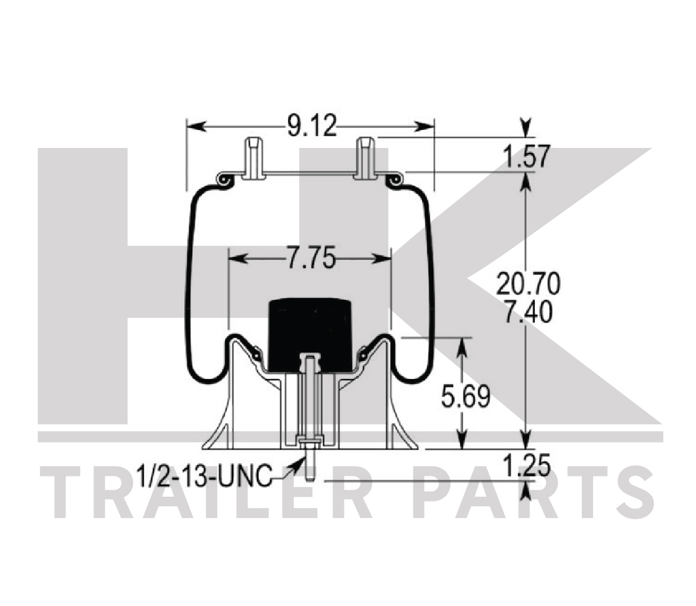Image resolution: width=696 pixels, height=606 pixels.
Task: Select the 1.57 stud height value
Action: coord(525,156)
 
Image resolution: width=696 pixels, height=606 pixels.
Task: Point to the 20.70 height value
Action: coord(528,285)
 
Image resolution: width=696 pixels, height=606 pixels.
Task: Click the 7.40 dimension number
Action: coord(528,312)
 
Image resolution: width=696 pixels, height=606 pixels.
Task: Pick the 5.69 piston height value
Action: coord(465,396)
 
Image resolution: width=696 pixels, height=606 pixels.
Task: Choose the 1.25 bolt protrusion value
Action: coord(526,465)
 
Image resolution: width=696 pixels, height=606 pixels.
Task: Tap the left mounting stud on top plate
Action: coord(253,158)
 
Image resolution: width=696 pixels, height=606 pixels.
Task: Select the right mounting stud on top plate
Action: coord(365,158)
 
